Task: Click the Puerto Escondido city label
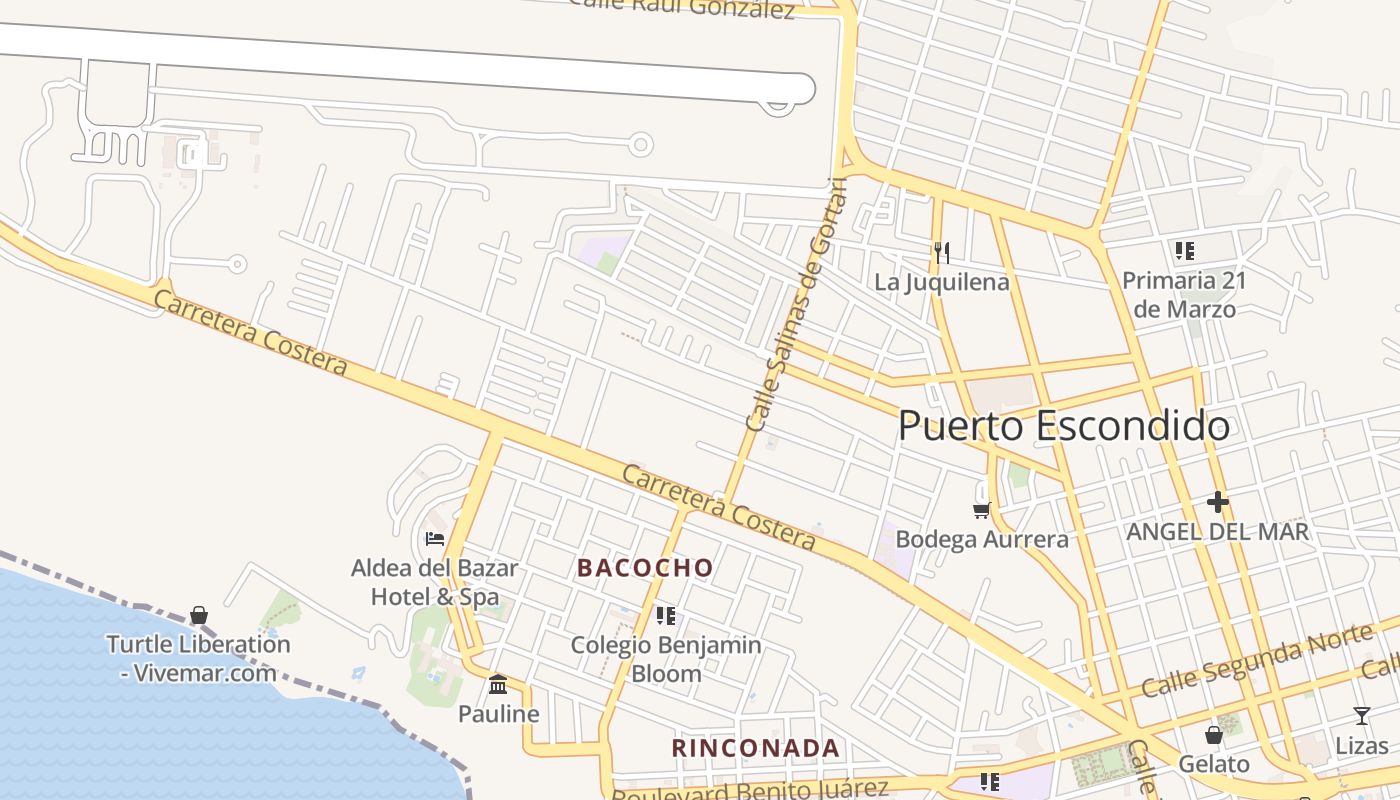point(1063,426)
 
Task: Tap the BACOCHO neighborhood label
point(645,568)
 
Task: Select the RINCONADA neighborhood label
point(755,748)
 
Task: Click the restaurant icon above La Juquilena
point(941,252)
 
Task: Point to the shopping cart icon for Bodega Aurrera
point(981,510)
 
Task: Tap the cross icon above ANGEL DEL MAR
point(1217,501)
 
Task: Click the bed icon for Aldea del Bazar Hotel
point(434,538)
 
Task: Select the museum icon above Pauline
point(497,684)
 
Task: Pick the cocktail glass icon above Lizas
point(1361,715)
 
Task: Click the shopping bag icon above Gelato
point(1213,735)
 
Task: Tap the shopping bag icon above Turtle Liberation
point(199,614)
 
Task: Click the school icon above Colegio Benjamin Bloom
point(665,615)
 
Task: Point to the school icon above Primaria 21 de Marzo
point(1184,250)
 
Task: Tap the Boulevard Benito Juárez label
point(750,790)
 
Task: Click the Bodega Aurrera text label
point(981,539)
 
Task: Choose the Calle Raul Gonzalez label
point(681,8)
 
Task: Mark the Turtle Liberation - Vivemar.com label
point(198,658)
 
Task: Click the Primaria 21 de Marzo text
point(1184,294)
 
